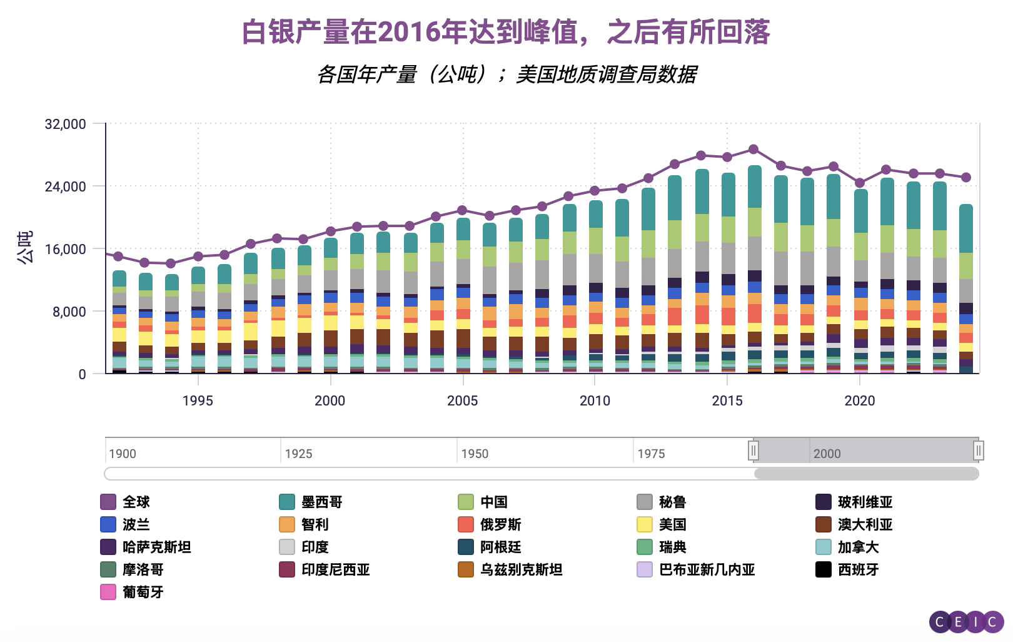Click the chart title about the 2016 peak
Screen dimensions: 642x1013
point(505,33)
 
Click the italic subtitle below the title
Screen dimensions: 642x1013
point(506,74)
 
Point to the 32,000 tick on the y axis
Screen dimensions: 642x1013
point(65,124)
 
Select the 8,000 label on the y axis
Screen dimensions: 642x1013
point(69,312)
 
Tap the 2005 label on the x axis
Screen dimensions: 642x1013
point(462,401)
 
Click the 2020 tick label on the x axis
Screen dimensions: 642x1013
point(860,401)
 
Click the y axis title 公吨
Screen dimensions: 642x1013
point(25,248)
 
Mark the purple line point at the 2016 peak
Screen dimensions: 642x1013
point(753,150)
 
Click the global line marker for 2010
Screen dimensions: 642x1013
point(595,191)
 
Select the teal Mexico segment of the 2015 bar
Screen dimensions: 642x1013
point(727,195)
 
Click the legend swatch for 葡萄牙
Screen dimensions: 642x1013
point(108,592)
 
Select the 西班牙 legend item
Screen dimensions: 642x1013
point(858,569)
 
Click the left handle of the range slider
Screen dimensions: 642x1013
point(753,451)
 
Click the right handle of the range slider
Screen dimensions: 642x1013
point(979,451)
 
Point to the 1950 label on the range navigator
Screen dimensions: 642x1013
point(475,454)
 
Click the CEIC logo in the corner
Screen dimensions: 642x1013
point(966,622)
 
